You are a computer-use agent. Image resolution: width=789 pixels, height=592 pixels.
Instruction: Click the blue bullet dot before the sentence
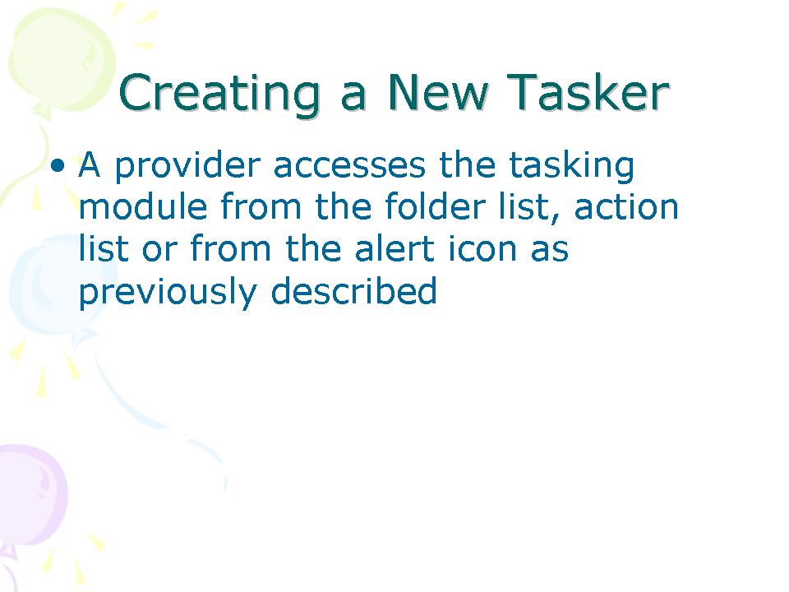[58, 164]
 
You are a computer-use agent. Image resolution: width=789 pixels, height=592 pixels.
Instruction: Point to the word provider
[187, 165]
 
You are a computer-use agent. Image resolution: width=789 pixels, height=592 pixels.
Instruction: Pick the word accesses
[350, 167]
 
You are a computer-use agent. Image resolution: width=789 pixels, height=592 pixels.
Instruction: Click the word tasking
[571, 166]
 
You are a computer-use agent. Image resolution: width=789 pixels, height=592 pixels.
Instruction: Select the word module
[143, 206]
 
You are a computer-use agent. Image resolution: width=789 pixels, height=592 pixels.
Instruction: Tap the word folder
[436, 206]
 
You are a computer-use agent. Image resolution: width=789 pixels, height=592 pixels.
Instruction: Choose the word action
[626, 206]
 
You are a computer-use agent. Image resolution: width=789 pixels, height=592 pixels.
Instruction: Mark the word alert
[394, 247]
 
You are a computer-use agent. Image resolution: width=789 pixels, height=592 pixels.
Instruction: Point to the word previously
[168, 291]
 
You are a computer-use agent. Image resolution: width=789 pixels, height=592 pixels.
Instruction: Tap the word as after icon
[550, 252]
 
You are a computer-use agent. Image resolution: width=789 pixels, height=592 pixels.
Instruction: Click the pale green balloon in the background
[60, 58]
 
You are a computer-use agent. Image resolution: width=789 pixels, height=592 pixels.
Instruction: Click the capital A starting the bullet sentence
[89, 164]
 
